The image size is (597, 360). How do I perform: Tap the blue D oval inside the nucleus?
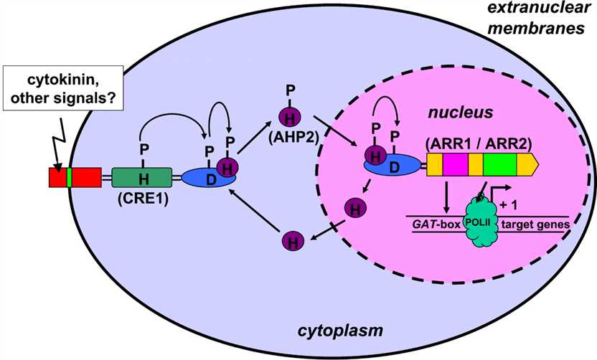point(393,166)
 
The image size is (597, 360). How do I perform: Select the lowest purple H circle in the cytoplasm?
point(291,240)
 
